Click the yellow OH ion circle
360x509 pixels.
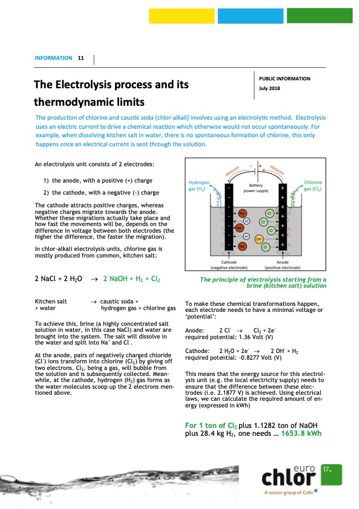[258, 239]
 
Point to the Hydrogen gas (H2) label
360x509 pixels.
[199, 186]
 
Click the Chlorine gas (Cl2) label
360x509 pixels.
[313, 186]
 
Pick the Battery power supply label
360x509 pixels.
[256, 188]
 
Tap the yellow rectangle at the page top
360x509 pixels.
[182, 16]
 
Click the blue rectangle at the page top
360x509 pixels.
[250, 16]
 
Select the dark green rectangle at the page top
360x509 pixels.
[319, 16]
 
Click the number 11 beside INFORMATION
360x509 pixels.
[81, 58]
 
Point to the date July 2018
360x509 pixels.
[269, 88]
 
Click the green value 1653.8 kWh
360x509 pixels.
[301, 433]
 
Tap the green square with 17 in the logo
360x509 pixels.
[332, 475]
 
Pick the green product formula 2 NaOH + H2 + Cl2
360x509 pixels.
[131, 279]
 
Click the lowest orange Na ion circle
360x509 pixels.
[242, 247]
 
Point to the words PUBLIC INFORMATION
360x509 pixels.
[284, 79]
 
